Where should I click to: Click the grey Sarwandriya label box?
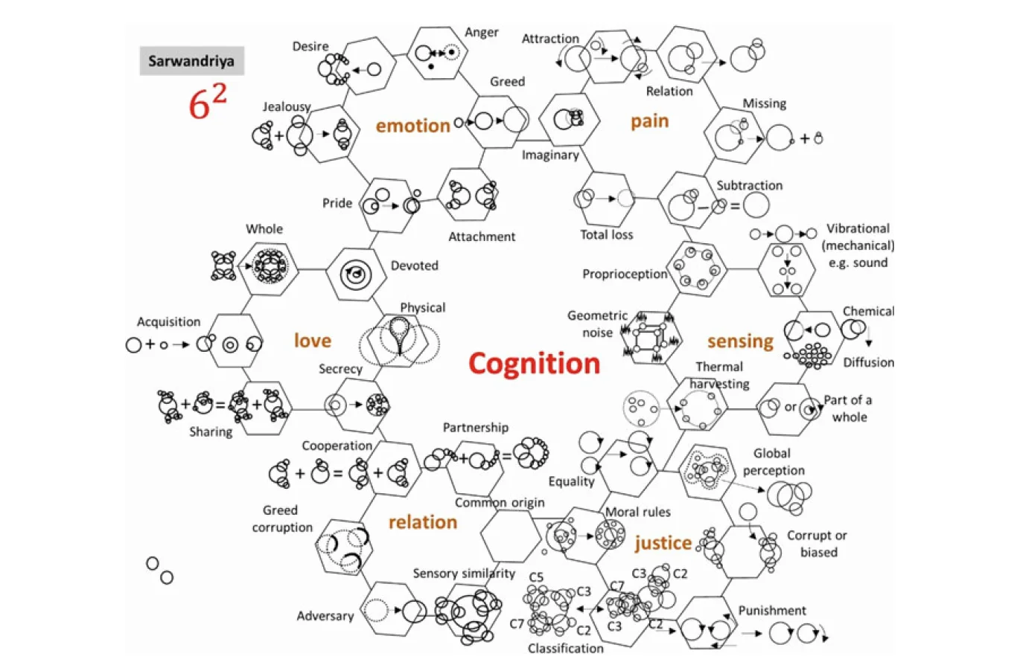[191, 61]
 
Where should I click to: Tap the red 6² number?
[206, 102]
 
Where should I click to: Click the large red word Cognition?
[534, 363]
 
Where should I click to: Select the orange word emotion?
[412, 126]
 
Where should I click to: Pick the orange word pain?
[649, 121]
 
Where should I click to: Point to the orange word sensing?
[740, 341]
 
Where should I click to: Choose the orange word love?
[312, 341]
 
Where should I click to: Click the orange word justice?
[663, 543]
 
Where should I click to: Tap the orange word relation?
[422, 522]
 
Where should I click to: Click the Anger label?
[482, 32]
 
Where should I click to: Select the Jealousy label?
[287, 106]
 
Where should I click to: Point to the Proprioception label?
[625, 274]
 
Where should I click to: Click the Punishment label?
[771, 611]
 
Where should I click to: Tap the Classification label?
[565, 649]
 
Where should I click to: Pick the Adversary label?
[325, 616]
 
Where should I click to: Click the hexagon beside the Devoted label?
[356, 274]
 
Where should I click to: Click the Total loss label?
[606, 235]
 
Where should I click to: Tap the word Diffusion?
[868, 363]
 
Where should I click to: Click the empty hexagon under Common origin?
[511, 536]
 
